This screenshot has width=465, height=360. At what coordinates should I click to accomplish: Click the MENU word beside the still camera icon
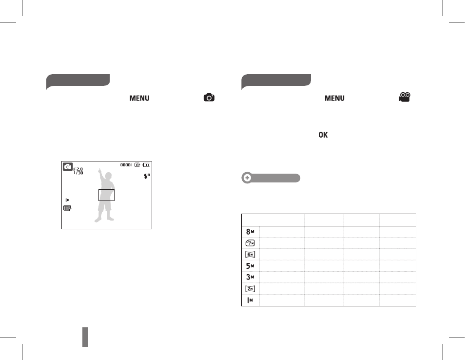[x=139, y=98]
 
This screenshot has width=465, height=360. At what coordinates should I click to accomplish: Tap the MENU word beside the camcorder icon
[x=334, y=98]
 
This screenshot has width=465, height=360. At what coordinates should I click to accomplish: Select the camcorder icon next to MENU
[x=405, y=98]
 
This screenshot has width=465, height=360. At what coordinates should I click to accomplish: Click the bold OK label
[x=323, y=135]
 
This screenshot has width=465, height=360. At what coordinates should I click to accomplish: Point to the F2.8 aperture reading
[x=78, y=169]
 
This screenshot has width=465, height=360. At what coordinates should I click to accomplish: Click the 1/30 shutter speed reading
[x=78, y=173]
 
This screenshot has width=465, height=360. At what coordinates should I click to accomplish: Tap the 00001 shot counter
[x=126, y=165]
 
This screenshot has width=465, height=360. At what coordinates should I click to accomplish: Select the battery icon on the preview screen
[x=146, y=165]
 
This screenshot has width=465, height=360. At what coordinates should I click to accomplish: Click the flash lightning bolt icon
[x=146, y=176]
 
